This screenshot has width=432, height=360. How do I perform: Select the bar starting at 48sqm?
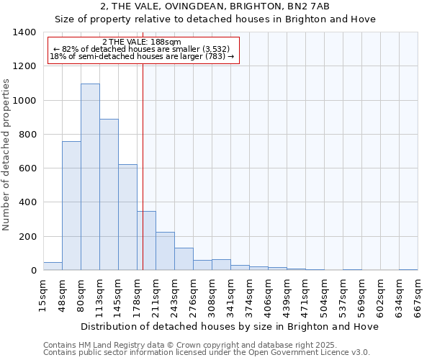point(71,205)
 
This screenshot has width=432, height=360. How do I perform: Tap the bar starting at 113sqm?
point(109,194)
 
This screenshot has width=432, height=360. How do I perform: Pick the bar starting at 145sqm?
point(127,217)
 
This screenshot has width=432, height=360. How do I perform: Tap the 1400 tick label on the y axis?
point(24,32)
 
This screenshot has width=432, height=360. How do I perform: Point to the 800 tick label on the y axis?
point(27,135)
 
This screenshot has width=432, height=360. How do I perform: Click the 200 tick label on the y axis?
point(27,237)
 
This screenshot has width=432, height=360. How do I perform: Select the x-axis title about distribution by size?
point(230,326)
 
